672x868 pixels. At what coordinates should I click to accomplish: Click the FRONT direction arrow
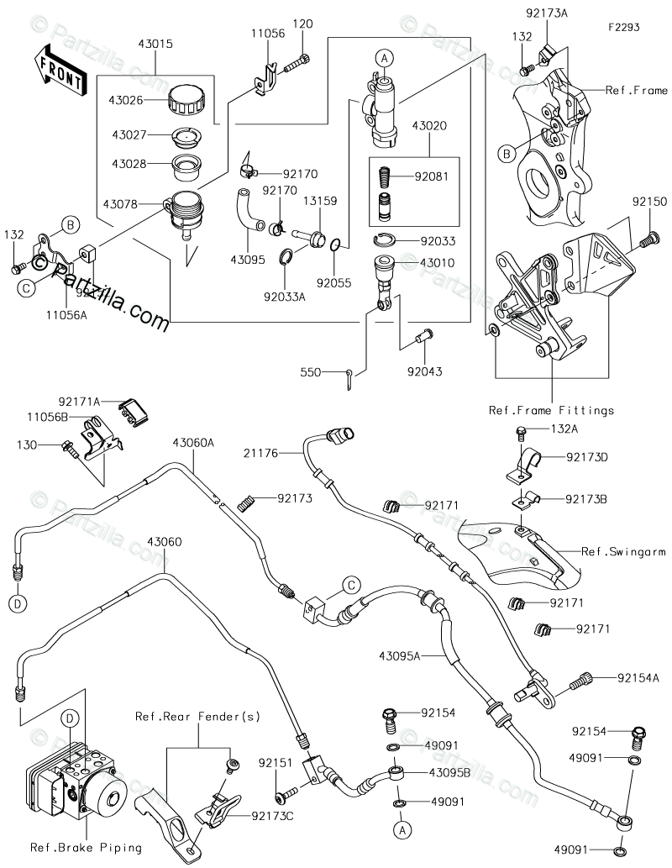[x=60, y=70]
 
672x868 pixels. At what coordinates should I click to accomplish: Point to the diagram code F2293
[x=625, y=27]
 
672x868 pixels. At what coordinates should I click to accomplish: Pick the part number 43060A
[x=194, y=441]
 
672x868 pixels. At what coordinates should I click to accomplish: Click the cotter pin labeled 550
[x=352, y=379]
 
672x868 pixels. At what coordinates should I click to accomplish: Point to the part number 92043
[x=425, y=370]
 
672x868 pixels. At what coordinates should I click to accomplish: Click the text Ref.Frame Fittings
[x=550, y=411]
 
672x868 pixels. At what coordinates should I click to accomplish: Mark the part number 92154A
[x=638, y=677]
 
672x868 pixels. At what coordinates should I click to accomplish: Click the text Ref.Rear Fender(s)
[x=197, y=717]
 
